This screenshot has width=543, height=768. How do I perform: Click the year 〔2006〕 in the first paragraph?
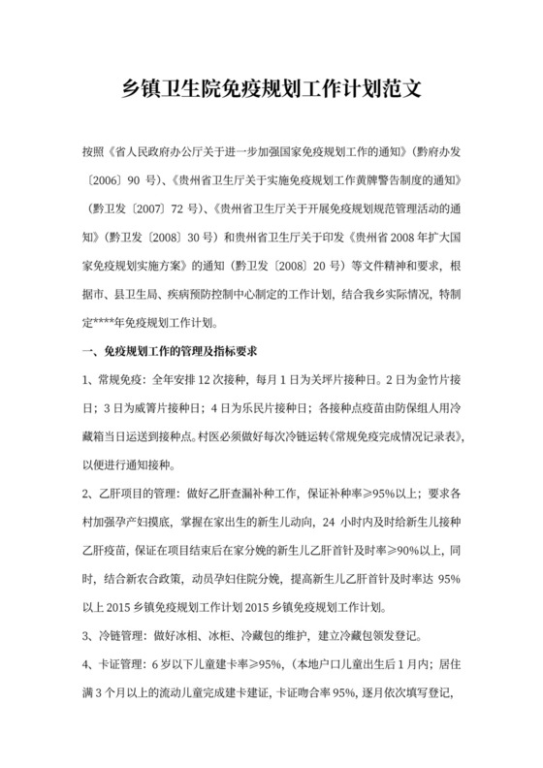(106, 180)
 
